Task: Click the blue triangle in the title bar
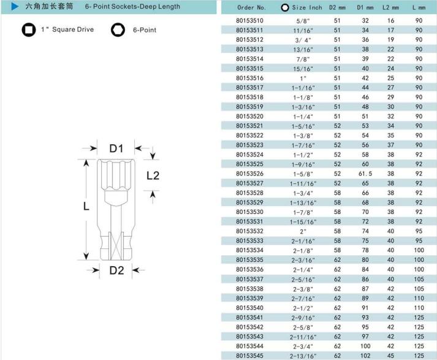(x=15, y=6)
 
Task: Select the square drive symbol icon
(x=29, y=30)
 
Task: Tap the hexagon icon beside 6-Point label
(x=118, y=30)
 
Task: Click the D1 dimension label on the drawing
(x=116, y=148)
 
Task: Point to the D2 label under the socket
(x=116, y=270)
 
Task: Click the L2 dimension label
(x=153, y=175)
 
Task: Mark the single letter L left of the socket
(x=86, y=206)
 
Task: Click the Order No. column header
(x=251, y=7)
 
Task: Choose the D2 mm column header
(x=337, y=7)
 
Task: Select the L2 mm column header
(x=390, y=7)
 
